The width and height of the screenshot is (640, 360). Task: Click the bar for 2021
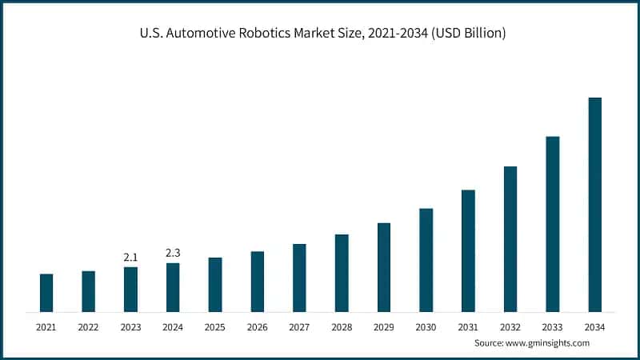[x=46, y=293]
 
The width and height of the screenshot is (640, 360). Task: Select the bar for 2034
[x=594, y=205]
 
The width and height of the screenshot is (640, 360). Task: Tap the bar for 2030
[x=426, y=260]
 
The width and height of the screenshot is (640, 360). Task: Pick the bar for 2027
[x=299, y=278]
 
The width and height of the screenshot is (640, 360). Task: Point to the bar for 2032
[x=510, y=239]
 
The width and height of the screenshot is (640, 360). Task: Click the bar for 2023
[x=130, y=289]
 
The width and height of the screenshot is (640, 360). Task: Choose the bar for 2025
[x=215, y=284]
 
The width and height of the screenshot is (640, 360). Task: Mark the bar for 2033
[x=552, y=224]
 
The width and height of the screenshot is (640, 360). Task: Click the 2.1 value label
[x=130, y=257]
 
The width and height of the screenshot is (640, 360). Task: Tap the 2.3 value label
[x=173, y=253]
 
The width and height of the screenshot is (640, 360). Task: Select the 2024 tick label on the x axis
[x=173, y=327]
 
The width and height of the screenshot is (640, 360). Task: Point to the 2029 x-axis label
[x=383, y=327]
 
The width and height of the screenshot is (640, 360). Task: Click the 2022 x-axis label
[x=88, y=327]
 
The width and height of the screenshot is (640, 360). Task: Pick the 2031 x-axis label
[x=468, y=327]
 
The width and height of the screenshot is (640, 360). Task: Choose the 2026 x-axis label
[x=257, y=327]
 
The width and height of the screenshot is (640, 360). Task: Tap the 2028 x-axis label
[x=342, y=327]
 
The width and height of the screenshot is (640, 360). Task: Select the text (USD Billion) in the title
[x=466, y=34]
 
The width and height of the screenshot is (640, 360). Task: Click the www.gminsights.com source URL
[x=549, y=343]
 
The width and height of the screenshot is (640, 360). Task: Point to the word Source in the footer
[x=490, y=343]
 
